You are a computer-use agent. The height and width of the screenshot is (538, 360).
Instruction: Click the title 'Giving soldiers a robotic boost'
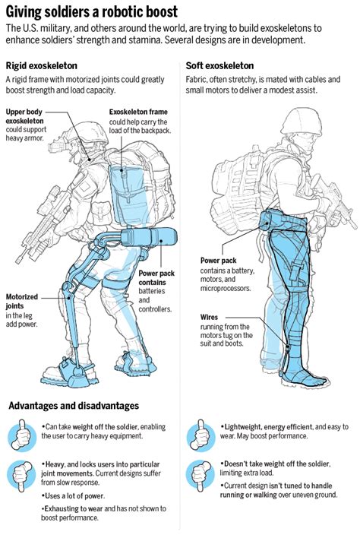click(x=92, y=12)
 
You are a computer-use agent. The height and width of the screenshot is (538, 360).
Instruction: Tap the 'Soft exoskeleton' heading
click(x=219, y=66)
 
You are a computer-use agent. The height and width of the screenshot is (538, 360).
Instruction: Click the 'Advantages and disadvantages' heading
click(x=74, y=406)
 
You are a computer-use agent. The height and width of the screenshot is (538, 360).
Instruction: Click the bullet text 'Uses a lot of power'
click(x=73, y=495)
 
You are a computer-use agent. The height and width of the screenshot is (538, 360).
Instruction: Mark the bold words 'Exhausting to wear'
click(x=70, y=508)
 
